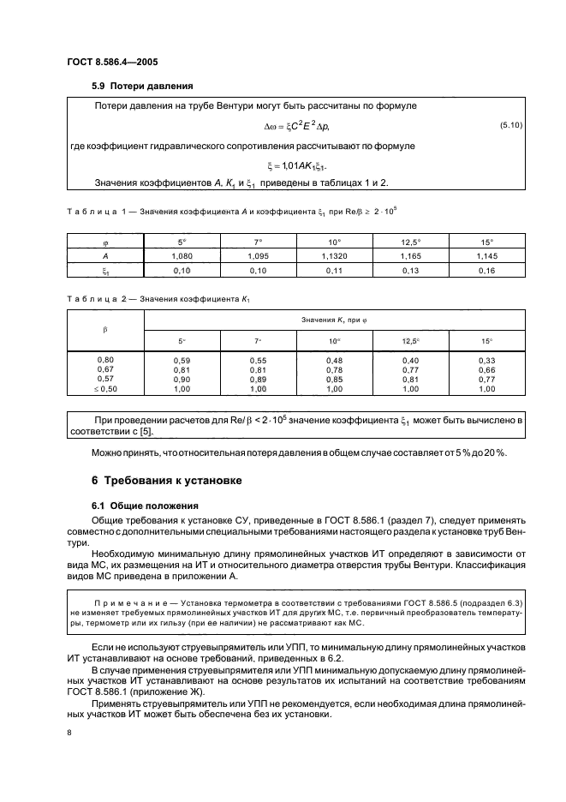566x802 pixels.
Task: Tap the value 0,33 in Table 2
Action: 487,360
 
